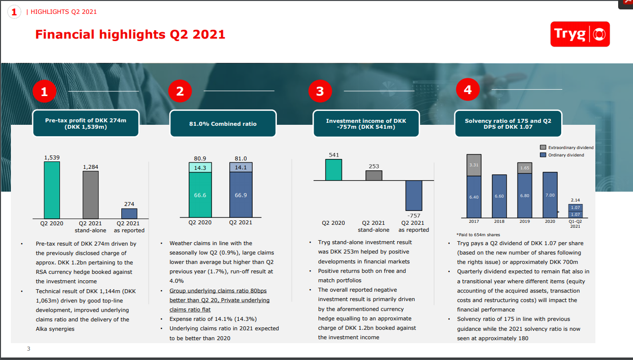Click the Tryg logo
[x=580, y=34]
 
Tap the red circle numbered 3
[x=319, y=91]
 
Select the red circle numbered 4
[x=468, y=90]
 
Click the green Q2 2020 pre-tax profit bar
[x=52, y=190]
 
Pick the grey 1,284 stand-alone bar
[x=90, y=194]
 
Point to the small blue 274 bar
[x=129, y=213]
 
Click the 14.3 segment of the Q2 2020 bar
[x=200, y=168]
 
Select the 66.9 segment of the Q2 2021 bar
[x=241, y=195]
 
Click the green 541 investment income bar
[x=333, y=169]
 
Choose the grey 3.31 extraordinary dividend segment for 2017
[x=474, y=165]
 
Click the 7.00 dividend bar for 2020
[x=550, y=195]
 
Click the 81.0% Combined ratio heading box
[x=223, y=124]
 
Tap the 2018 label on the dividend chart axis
[x=499, y=221]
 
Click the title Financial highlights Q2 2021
[x=130, y=34]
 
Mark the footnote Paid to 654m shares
[x=478, y=235]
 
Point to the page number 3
[x=29, y=349]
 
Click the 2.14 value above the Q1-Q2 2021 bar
[x=575, y=200]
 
